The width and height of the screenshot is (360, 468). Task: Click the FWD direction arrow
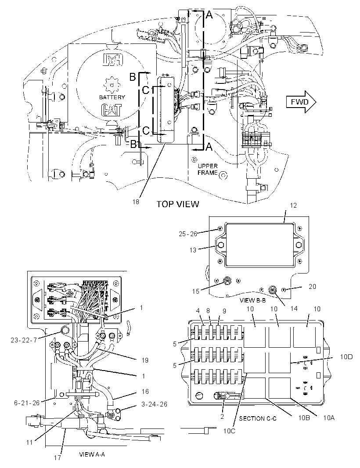(301, 102)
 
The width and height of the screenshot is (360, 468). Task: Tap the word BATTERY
(112, 97)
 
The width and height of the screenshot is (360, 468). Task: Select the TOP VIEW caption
(178, 204)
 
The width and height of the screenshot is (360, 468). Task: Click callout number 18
(136, 202)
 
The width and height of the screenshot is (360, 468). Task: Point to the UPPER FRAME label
(208, 169)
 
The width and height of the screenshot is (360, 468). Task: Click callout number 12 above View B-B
(293, 205)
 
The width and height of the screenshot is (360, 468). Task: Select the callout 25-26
(188, 234)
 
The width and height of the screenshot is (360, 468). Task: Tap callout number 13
(193, 250)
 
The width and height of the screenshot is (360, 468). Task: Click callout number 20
(312, 286)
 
